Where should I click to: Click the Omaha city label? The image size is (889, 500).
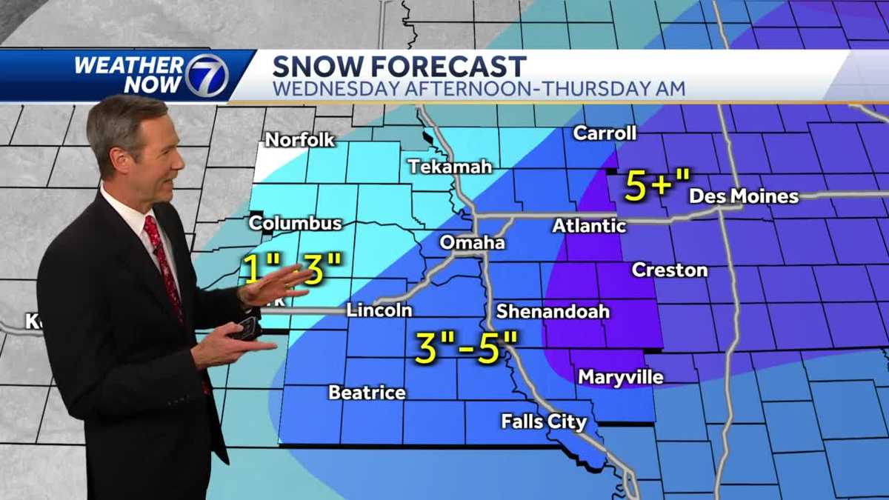472,242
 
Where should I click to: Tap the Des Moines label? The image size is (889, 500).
744,196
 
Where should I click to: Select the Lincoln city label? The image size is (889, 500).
379,310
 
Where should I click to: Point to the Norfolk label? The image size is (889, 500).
300,139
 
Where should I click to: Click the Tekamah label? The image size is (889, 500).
450,167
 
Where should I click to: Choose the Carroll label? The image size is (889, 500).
605,133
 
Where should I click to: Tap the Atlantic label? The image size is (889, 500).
589,225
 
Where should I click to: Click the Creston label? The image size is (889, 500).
669,270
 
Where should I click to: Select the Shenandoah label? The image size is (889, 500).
553,311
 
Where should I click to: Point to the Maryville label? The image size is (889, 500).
620,377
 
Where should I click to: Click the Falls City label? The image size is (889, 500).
544,421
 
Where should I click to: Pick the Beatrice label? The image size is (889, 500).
367,392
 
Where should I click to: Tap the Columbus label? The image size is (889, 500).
295,223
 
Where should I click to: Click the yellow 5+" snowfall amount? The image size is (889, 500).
656,186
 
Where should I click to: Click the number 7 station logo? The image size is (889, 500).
205,76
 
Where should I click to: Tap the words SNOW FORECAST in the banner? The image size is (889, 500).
399,66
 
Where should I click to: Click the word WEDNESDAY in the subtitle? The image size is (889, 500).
332,89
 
